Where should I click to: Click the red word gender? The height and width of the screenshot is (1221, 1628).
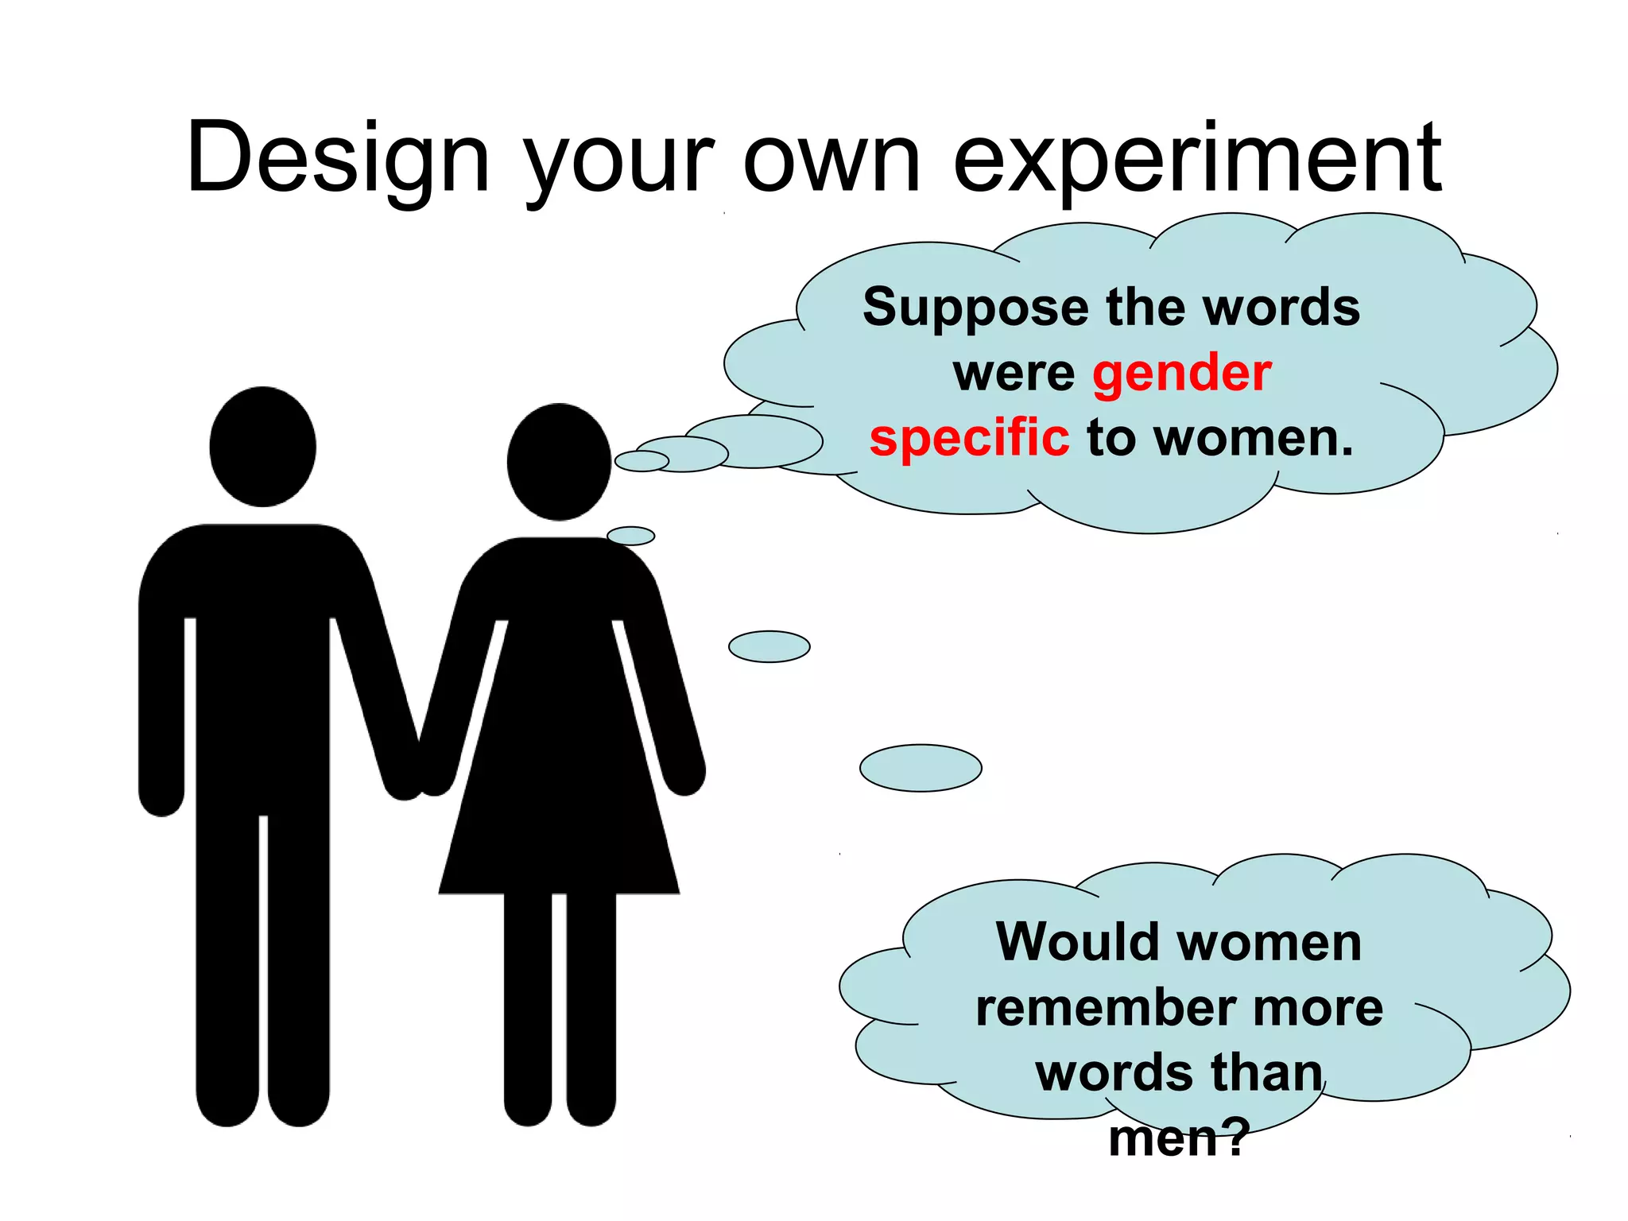(x=1182, y=374)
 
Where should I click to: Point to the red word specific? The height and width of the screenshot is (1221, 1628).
(x=969, y=438)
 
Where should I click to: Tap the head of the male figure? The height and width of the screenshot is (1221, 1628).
(x=263, y=447)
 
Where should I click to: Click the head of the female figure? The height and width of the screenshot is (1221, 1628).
(x=559, y=462)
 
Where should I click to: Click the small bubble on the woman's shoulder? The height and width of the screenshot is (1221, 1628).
(x=630, y=536)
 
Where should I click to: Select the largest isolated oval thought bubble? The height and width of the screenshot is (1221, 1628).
(x=921, y=768)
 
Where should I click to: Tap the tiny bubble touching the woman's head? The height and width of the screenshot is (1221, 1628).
(x=642, y=461)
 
